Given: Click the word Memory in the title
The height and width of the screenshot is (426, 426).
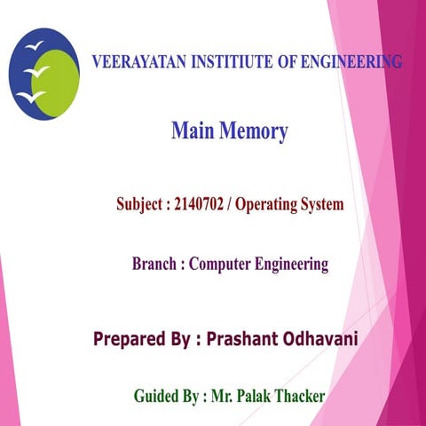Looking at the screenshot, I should (254, 133).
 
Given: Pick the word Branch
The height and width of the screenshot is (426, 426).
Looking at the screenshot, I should (153, 264).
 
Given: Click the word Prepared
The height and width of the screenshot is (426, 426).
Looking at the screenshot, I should (131, 339).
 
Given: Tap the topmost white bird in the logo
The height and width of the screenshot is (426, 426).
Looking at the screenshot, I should (34, 43).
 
